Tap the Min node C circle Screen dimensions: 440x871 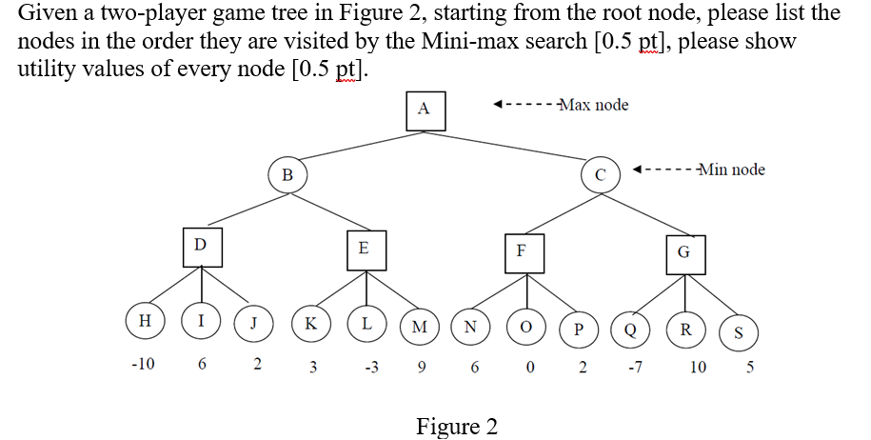tap(600, 174)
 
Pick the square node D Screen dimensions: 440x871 tap(200, 245)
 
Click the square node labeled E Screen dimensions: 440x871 tap(363, 248)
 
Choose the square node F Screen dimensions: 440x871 tap(521, 251)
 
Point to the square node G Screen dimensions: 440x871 tap(683, 252)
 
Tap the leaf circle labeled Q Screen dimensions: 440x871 tap(629, 330)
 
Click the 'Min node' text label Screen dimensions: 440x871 tap(730, 170)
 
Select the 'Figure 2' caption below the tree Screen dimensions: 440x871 tap(456, 426)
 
